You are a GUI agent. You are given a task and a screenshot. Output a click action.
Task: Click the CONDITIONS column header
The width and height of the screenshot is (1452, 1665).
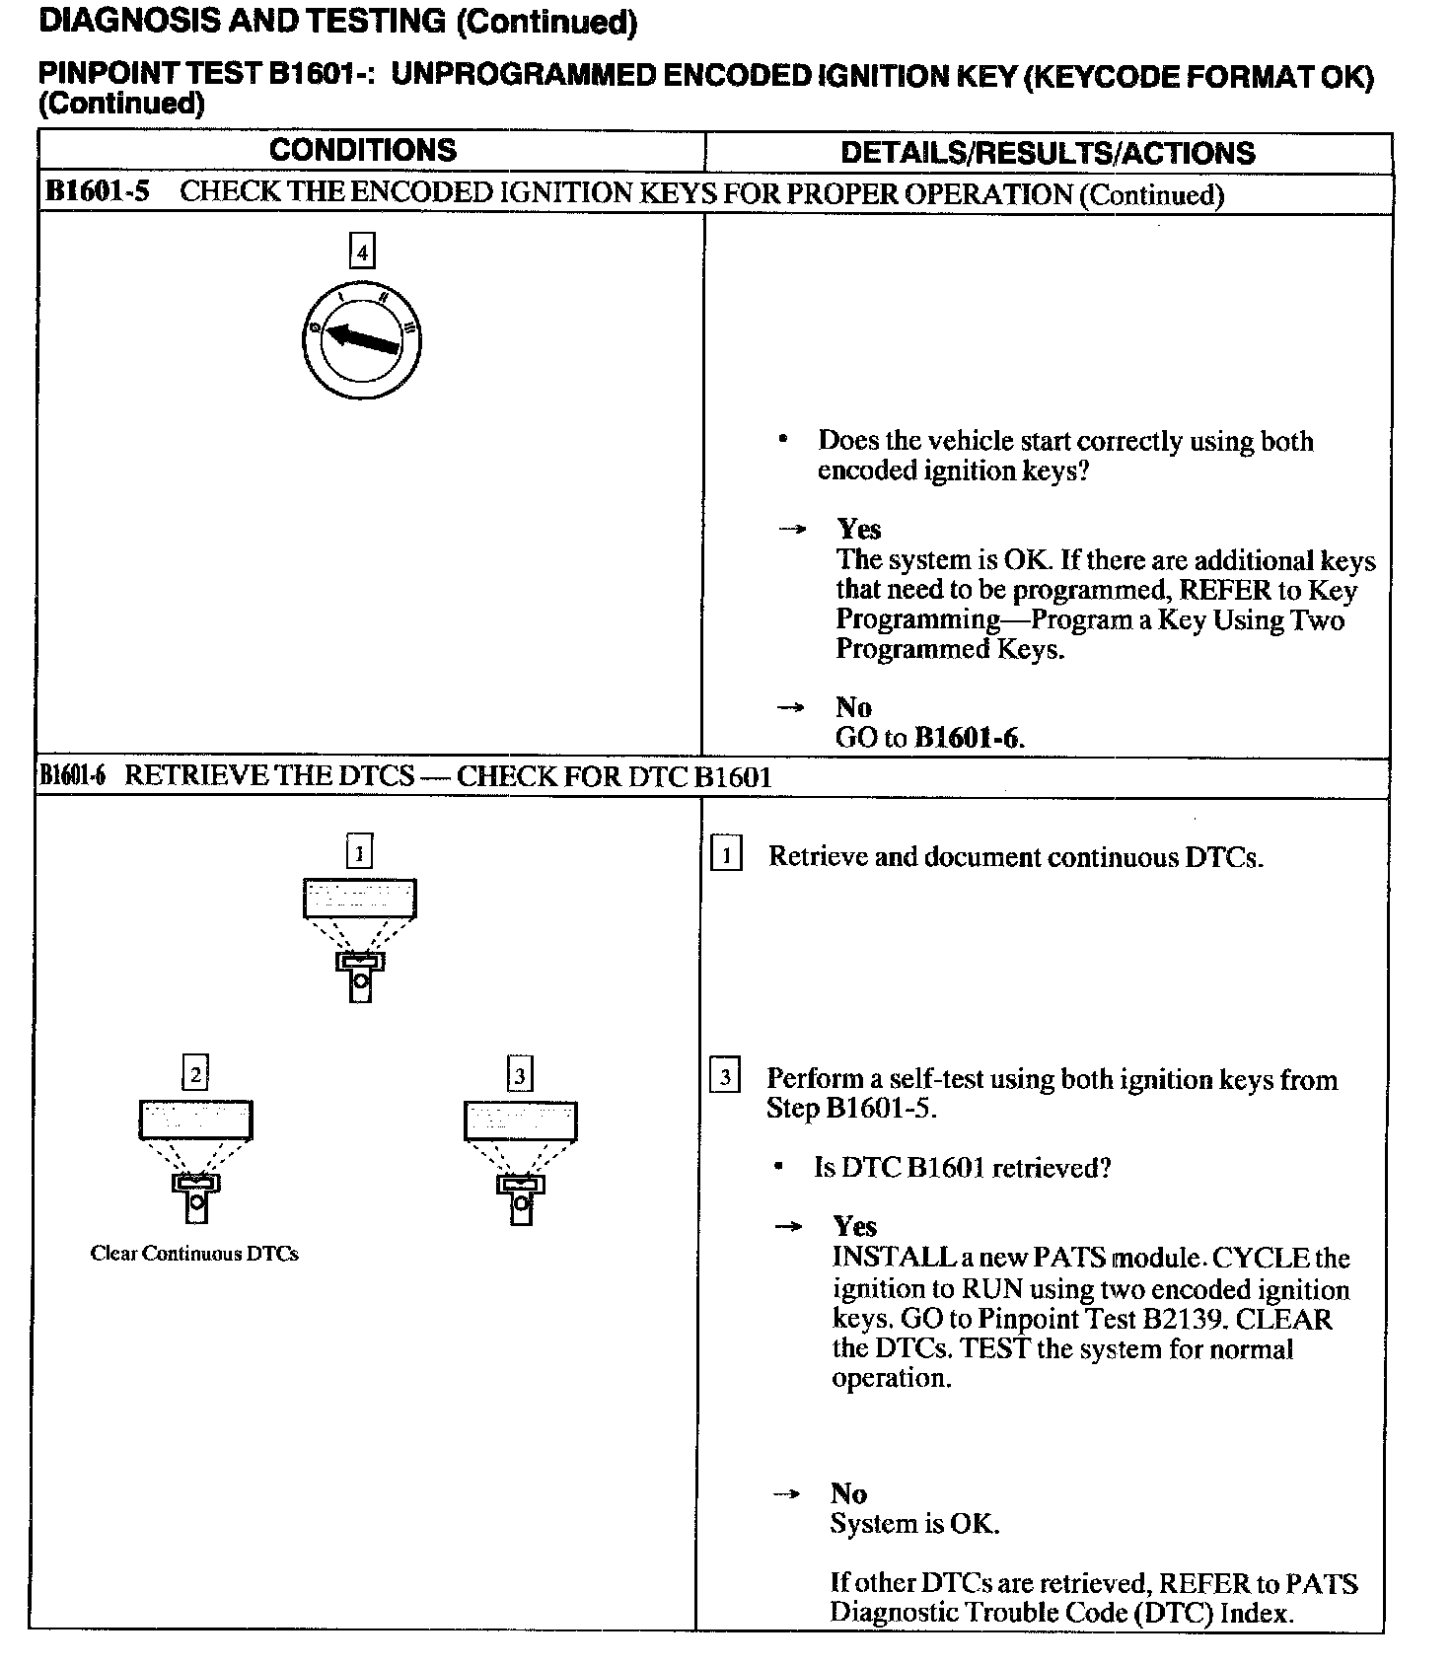pyautogui.click(x=363, y=150)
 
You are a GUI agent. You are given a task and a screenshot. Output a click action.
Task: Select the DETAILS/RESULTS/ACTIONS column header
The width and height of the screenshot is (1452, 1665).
pyautogui.click(x=1048, y=153)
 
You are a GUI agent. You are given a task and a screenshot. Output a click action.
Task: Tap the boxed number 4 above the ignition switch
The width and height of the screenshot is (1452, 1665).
pyautogui.click(x=362, y=252)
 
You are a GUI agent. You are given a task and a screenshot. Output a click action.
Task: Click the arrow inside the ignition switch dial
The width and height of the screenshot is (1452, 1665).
pyautogui.click(x=362, y=337)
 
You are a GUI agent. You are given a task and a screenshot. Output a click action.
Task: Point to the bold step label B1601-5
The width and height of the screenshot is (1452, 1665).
pyautogui.click(x=98, y=191)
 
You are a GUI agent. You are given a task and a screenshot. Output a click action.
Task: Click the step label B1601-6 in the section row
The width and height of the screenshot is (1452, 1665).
pyautogui.click(x=72, y=776)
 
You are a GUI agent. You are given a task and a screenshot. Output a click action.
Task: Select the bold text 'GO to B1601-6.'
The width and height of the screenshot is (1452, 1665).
pyautogui.click(x=929, y=738)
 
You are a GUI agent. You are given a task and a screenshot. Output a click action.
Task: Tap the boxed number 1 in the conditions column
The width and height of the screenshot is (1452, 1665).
pyautogui.click(x=359, y=850)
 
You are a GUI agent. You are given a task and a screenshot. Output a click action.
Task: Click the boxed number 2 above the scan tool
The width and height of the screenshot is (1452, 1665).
pyautogui.click(x=195, y=1072)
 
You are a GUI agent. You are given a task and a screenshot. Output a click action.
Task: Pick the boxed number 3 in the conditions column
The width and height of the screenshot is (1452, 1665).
pyautogui.click(x=519, y=1072)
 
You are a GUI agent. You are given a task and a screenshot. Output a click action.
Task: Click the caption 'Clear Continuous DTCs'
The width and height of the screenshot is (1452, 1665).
pyautogui.click(x=194, y=1254)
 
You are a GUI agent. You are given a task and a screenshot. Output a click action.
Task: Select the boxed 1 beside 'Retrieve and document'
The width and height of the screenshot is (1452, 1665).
pyautogui.click(x=725, y=854)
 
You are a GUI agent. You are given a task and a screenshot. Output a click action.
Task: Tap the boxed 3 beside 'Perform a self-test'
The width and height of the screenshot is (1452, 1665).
pyautogui.click(x=724, y=1076)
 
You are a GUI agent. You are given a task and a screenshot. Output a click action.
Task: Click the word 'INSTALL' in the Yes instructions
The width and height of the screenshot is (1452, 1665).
pyautogui.click(x=880, y=1258)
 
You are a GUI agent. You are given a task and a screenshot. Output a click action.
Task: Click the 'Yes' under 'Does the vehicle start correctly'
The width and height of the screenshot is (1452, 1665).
pyautogui.click(x=859, y=530)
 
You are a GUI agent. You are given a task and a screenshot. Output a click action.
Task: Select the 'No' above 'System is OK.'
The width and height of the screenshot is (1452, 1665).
pyautogui.click(x=848, y=1493)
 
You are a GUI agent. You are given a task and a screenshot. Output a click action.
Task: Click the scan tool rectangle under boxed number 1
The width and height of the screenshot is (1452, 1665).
pyautogui.click(x=359, y=898)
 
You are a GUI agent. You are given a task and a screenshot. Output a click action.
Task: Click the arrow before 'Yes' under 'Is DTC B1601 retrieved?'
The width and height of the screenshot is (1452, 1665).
pyautogui.click(x=788, y=1227)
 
